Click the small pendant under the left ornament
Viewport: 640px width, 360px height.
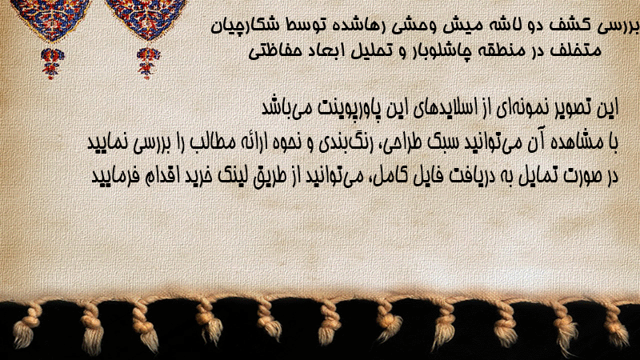pyautogui.click(x=52, y=63)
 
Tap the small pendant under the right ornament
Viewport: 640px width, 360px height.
pyautogui.click(x=147, y=63)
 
